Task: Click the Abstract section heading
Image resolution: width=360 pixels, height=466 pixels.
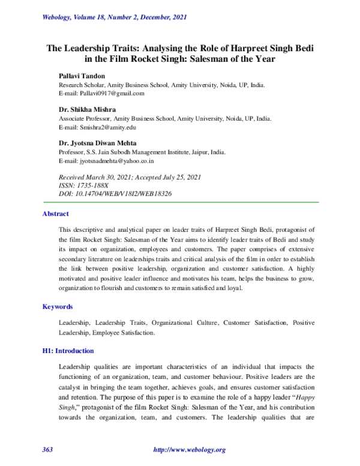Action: click(x=55, y=214)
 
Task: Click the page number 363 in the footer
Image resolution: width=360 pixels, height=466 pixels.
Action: click(x=48, y=450)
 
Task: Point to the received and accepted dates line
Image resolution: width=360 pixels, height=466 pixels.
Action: click(x=129, y=178)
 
